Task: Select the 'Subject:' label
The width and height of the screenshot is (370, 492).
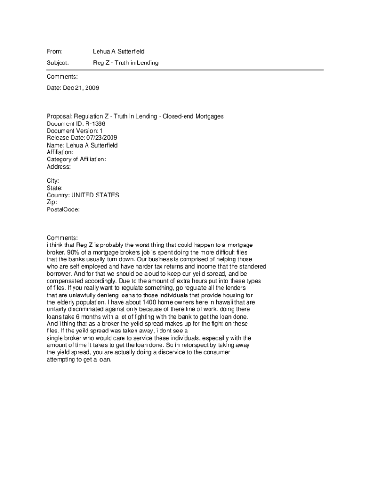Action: (x=58, y=63)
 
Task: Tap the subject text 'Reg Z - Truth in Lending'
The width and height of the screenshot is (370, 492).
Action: (x=125, y=63)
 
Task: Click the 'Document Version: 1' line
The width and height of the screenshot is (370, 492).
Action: (x=74, y=131)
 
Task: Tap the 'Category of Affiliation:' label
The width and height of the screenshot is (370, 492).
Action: (x=76, y=160)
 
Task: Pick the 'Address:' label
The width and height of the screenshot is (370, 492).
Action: (x=59, y=167)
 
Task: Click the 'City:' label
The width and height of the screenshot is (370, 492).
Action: (x=53, y=181)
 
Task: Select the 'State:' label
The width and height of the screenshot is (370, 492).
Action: (x=54, y=188)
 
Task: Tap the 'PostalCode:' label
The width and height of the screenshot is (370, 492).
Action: (x=63, y=210)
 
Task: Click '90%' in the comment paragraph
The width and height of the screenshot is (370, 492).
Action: (x=72, y=252)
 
